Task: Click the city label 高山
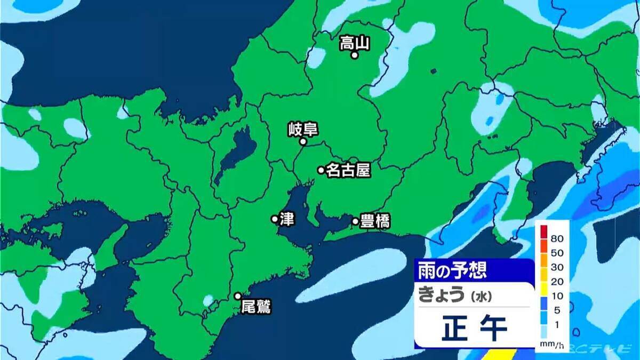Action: (355, 43)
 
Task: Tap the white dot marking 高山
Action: (354, 55)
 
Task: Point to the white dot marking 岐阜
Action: (302, 142)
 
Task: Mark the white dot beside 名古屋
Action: (321, 170)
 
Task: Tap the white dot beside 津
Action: (275, 219)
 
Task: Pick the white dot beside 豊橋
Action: (355, 221)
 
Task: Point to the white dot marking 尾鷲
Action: (238, 296)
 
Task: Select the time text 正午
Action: (474, 329)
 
